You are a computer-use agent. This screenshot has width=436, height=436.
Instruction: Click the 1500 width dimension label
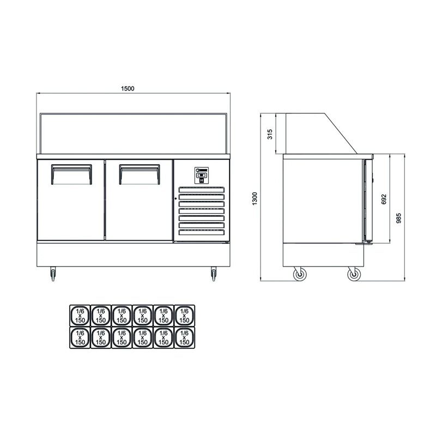tap(128, 88)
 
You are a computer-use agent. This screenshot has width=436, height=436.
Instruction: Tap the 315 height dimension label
tap(269, 135)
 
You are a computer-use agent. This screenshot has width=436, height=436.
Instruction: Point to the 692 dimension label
tap(384, 199)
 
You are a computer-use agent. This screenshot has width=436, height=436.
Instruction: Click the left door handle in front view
tap(70, 174)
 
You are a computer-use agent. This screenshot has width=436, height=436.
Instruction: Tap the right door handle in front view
tap(140, 174)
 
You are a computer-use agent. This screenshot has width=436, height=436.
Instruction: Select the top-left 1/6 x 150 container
tap(80, 314)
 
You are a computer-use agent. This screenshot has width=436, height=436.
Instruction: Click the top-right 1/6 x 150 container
tap(184, 314)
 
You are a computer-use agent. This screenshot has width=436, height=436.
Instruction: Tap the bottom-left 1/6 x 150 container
tap(80, 338)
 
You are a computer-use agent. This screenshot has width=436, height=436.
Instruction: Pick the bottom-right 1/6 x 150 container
tap(184, 338)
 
